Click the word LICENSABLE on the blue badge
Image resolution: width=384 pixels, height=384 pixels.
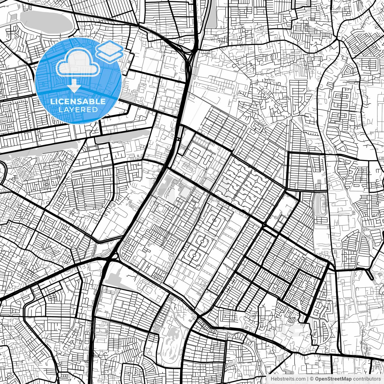[78, 101]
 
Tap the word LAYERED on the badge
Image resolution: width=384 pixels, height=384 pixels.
[78, 109]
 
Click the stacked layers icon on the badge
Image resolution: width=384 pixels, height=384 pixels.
[109, 52]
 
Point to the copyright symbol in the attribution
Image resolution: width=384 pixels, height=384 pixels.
[312, 379]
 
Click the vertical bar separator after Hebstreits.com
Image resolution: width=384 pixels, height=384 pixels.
[308, 379]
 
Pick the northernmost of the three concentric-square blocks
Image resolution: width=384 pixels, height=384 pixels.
[214, 221]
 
